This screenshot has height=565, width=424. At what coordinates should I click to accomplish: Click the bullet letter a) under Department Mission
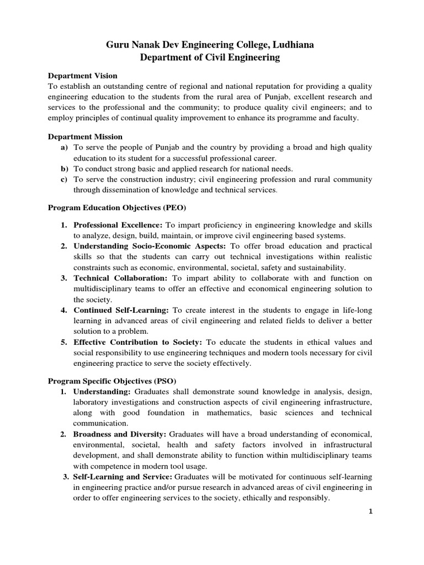pyautogui.click(x=64, y=147)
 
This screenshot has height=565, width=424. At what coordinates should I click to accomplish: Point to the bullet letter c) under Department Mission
pyautogui.click(x=64, y=179)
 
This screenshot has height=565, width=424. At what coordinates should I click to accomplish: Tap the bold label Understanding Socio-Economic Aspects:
pyautogui.click(x=150, y=246)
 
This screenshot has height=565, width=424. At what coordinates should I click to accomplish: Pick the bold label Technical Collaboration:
pyautogui.click(x=121, y=278)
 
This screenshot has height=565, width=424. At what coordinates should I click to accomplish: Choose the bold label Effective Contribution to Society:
pyautogui.click(x=138, y=342)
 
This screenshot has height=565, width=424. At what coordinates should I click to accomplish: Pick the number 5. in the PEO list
pyautogui.click(x=64, y=342)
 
